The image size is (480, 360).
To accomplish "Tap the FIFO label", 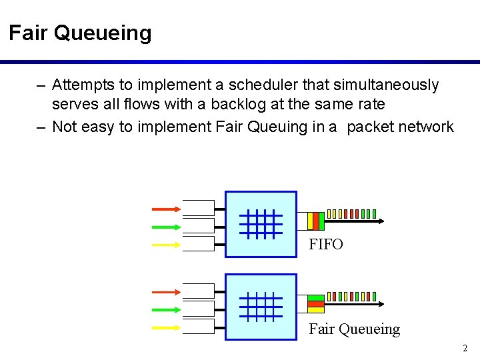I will tap(326, 245).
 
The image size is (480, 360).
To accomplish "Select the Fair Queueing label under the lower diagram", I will tap(354, 329).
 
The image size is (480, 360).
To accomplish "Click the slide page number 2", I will tap(465, 348).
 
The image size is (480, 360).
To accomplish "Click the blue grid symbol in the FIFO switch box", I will tap(261, 224).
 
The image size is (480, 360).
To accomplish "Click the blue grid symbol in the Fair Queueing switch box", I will tap(261, 307).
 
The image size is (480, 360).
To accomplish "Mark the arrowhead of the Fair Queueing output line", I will tap(381, 303).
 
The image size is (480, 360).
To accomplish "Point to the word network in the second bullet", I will tap(425, 127).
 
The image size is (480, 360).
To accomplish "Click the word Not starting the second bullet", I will tap(64, 127).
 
